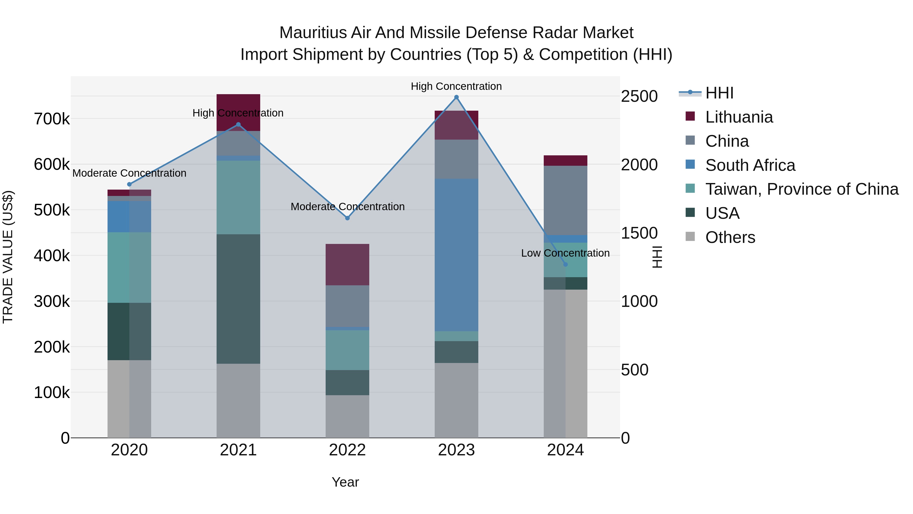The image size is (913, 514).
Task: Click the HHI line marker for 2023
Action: point(456,97)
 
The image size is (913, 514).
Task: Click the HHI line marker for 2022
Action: point(347,218)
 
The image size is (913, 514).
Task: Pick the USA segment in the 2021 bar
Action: point(238,299)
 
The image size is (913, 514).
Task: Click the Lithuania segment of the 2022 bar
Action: point(347,265)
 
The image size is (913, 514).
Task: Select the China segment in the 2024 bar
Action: point(565,201)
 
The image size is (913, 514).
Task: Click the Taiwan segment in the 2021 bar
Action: point(238,197)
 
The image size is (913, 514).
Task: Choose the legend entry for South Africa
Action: point(750,165)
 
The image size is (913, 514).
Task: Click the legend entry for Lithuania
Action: point(739,117)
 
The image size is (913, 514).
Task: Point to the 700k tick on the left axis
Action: point(52,119)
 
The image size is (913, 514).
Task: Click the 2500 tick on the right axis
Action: point(639,96)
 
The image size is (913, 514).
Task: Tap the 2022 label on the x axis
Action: point(347,450)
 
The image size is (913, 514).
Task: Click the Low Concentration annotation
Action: point(565,253)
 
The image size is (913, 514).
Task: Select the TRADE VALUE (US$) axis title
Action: point(8,257)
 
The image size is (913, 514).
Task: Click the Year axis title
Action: point(345,483)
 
